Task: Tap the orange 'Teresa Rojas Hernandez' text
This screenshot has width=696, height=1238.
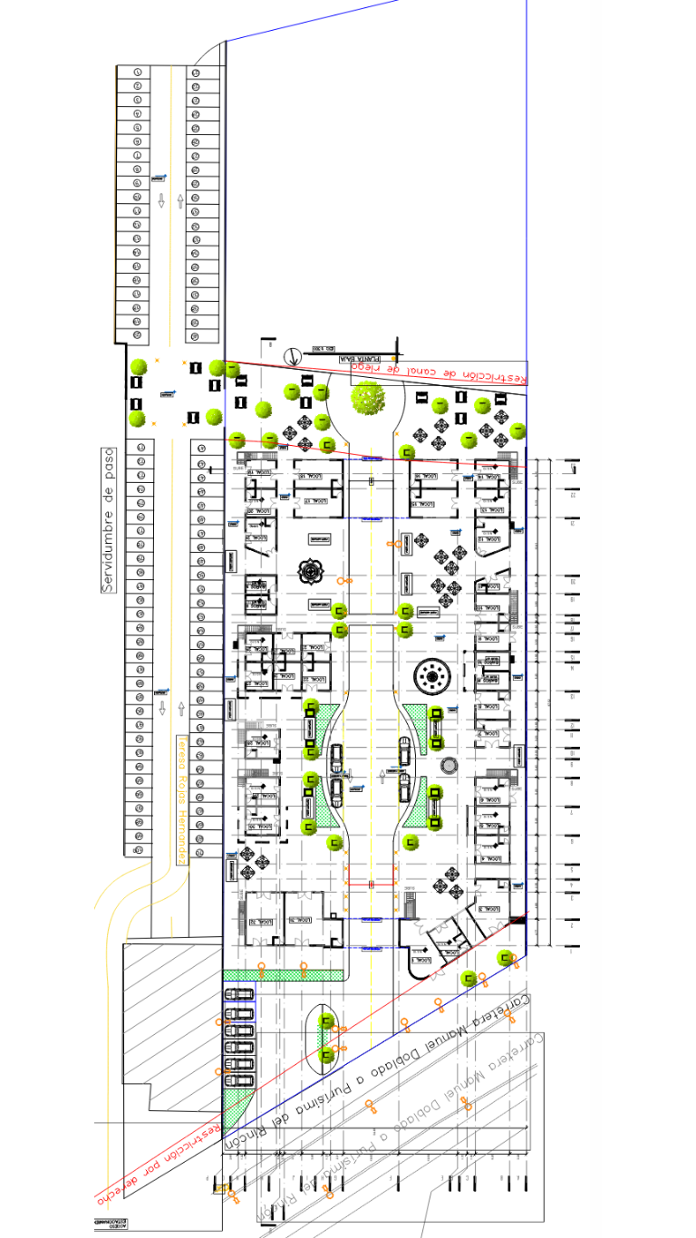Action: tap(181, 798)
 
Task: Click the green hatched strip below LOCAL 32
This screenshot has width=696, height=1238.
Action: tap(283, 974)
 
